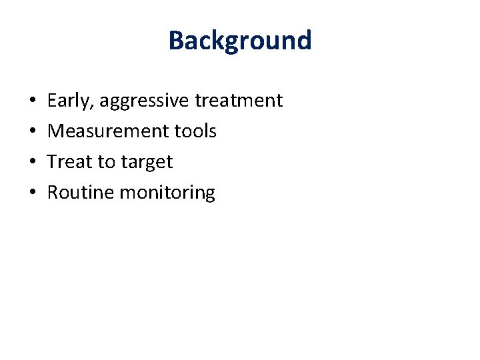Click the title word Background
[x=240, y=40]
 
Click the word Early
[x=69, y=101]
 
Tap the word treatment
[x=239, y=101]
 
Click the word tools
[x=195, y=131]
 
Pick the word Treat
[x=70, y=162]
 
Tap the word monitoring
[x=167, y=193]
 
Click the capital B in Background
[x=177, y=40]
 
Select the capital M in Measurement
[x=56, y=131]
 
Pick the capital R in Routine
[x=53, y=193]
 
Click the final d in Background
[x=303, y=40]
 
